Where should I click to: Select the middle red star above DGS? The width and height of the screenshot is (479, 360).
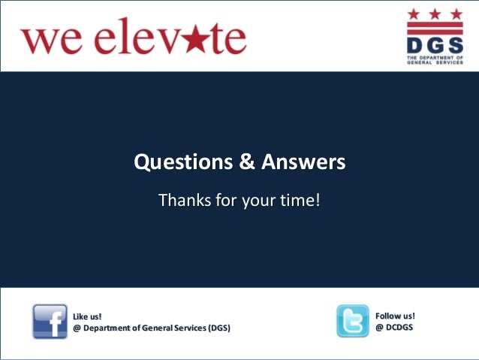[x=435, y=14]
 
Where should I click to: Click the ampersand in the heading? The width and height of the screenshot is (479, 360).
[x=247, y=162]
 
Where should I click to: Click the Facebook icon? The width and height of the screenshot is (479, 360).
[x=50, y=321]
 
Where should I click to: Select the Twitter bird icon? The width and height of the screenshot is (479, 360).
[x=352, y=320]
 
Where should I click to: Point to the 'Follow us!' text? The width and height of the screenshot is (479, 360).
[x=395, y=316]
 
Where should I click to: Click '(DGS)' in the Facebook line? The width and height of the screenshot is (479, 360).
[x=218, y=328]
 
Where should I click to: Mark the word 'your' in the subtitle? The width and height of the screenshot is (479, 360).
[x=256, y=201]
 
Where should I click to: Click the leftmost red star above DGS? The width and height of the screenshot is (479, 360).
[x=414, y=14]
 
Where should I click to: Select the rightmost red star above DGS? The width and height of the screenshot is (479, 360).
[x=456, y=14]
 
